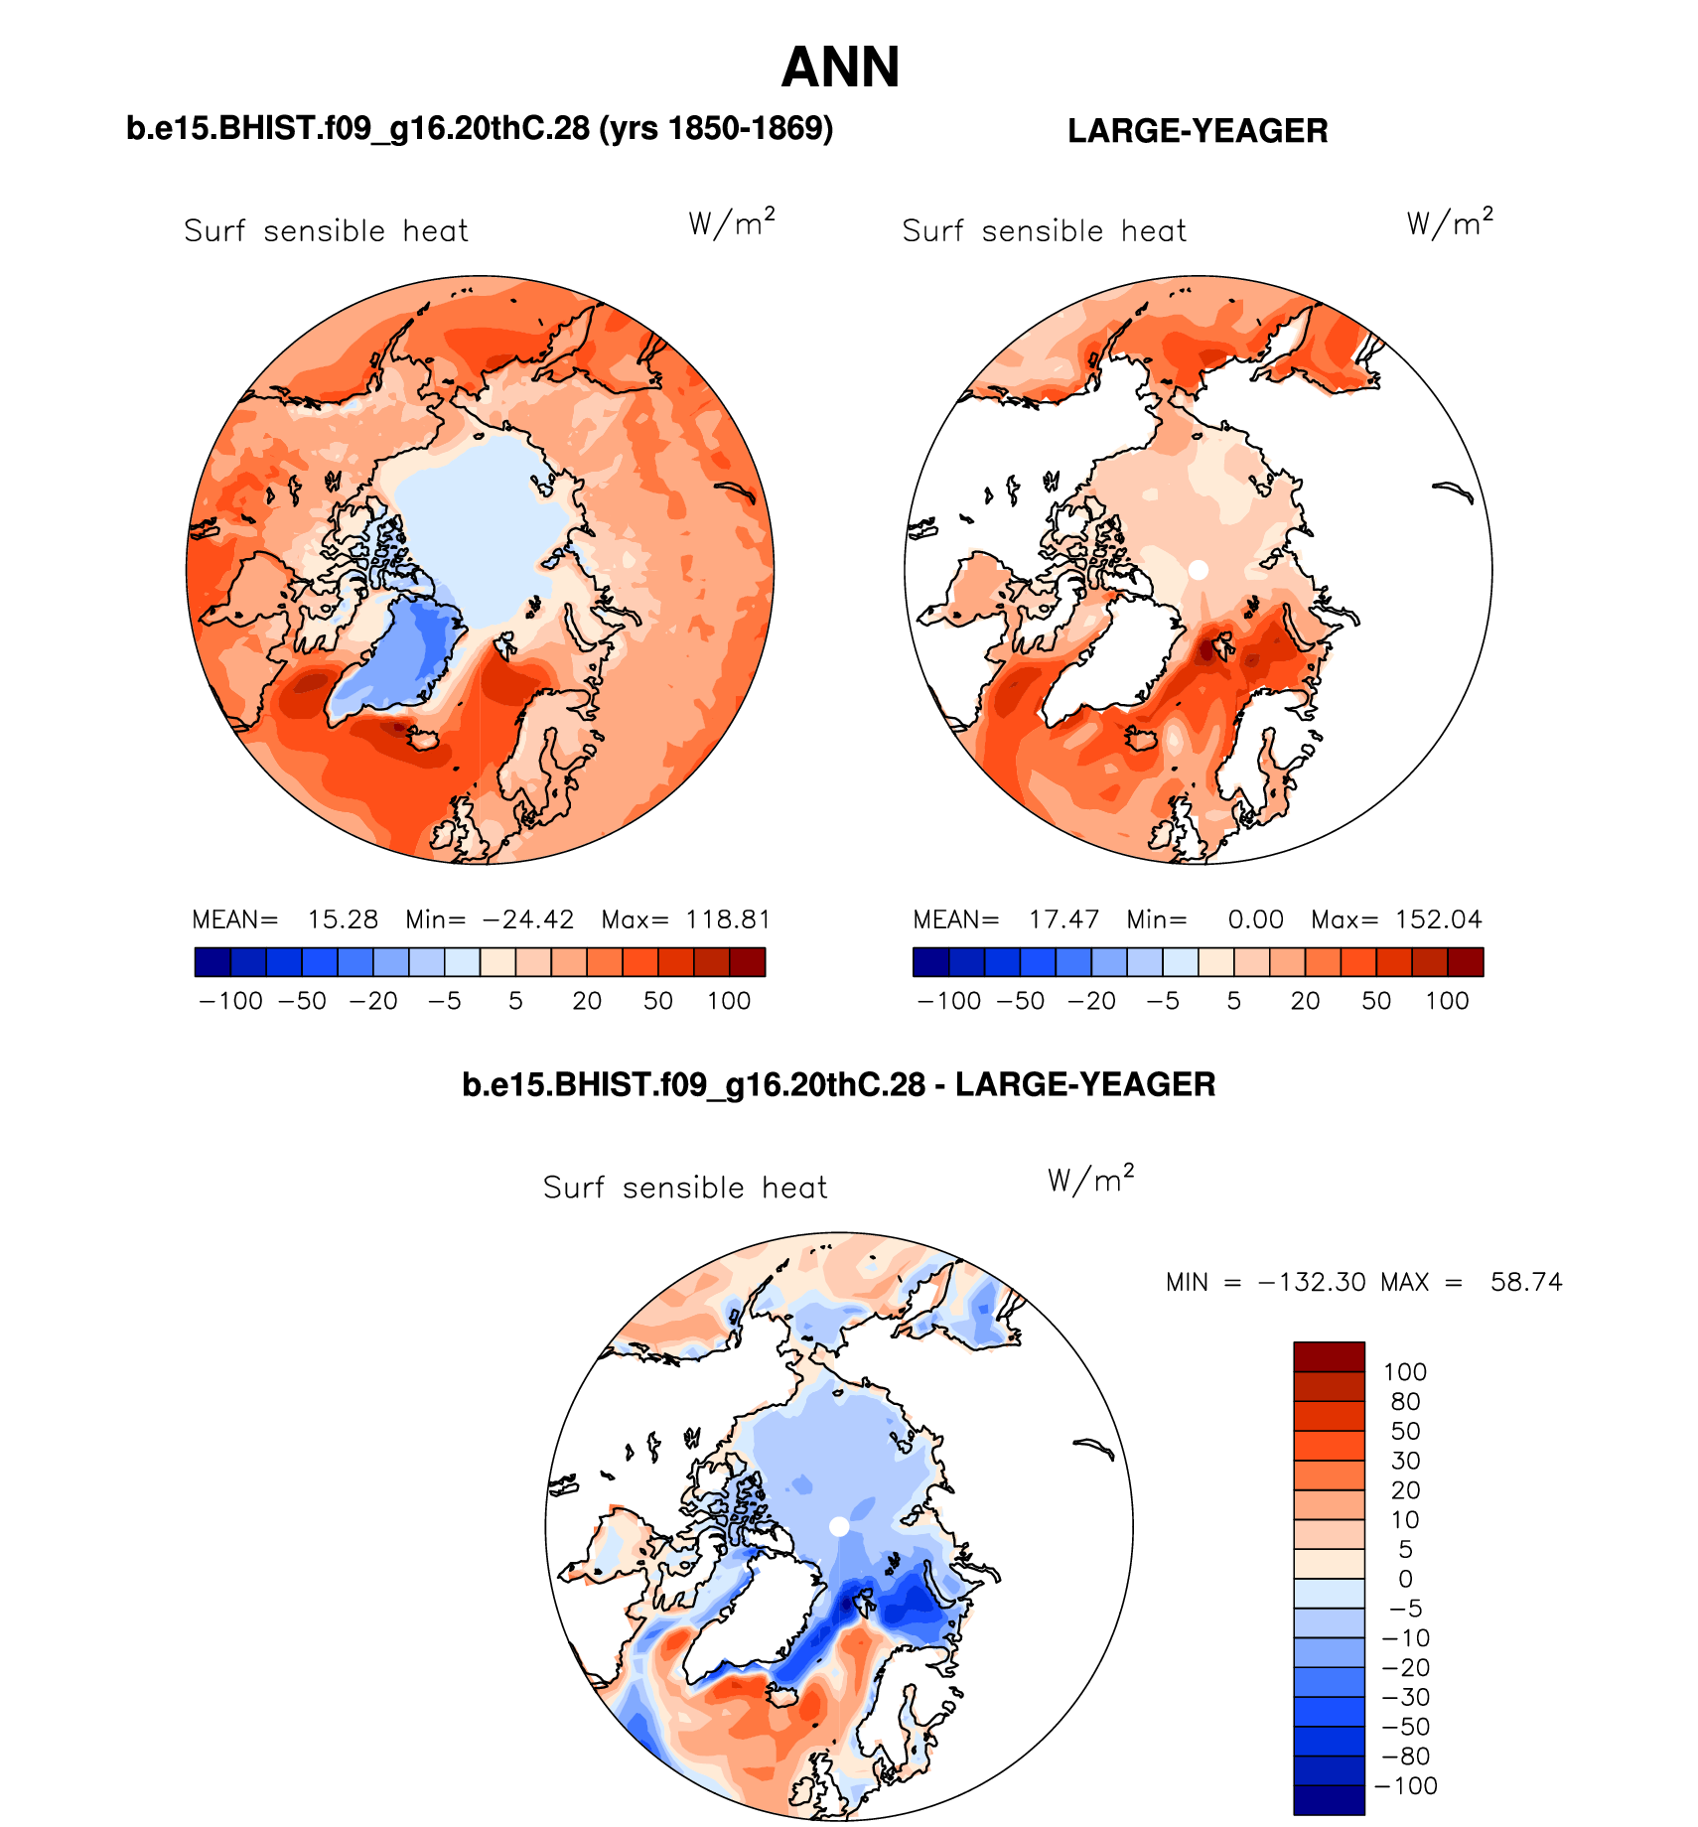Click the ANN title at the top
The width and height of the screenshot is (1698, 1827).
point(840,68)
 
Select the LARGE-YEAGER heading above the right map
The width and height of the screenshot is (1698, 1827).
point(1198,131)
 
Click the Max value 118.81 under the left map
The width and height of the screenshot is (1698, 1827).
point(728,919)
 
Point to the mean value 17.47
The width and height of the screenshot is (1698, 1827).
point(1063,919)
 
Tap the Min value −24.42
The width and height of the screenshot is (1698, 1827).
point(527,919)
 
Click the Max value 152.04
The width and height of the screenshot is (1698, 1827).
point(1438,919)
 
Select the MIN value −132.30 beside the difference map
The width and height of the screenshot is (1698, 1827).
point(1311,1282)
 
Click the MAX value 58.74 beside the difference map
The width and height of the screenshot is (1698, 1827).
point(1526,1282)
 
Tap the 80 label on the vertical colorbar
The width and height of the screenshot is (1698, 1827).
point(1405,1401)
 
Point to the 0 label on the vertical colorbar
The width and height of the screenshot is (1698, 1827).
point(1405,1579)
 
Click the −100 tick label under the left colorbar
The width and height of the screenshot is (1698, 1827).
point(231,1001)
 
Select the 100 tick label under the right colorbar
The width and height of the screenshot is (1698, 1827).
point(1447,1001)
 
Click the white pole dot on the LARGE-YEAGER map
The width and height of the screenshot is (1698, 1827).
point(1199,570)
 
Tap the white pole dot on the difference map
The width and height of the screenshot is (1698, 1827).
point(839,1526)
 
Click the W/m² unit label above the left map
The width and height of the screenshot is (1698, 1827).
point(732,222)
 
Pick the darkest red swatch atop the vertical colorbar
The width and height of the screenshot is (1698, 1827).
point(1329,1356)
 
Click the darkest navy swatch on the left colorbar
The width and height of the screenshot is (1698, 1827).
point(212,962)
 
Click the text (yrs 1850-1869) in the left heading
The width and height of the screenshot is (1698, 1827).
point(716,129)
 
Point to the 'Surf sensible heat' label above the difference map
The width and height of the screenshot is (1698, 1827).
point(685,1188)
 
